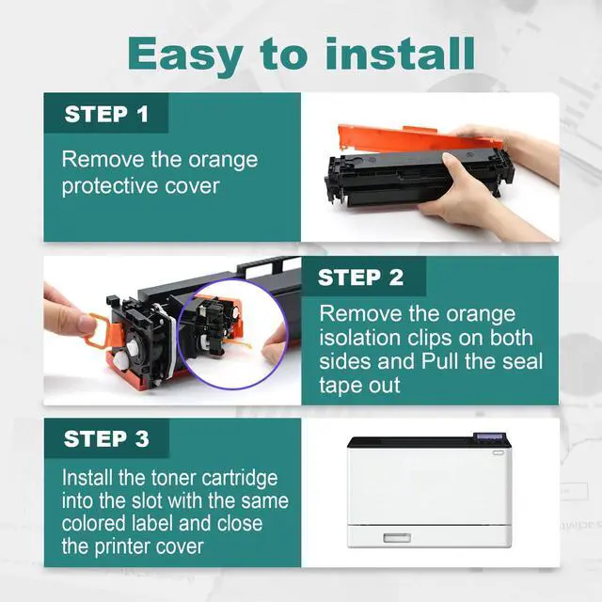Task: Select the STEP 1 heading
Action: coord(106,114)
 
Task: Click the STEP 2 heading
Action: coord(360,277)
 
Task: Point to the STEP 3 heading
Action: coord(106,438)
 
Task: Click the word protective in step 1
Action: coord(109,187)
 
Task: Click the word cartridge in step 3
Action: coord(239,479)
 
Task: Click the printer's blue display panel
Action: coord(489,436)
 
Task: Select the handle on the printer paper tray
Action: coord(397,537)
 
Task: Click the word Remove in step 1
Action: coord(103,159)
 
